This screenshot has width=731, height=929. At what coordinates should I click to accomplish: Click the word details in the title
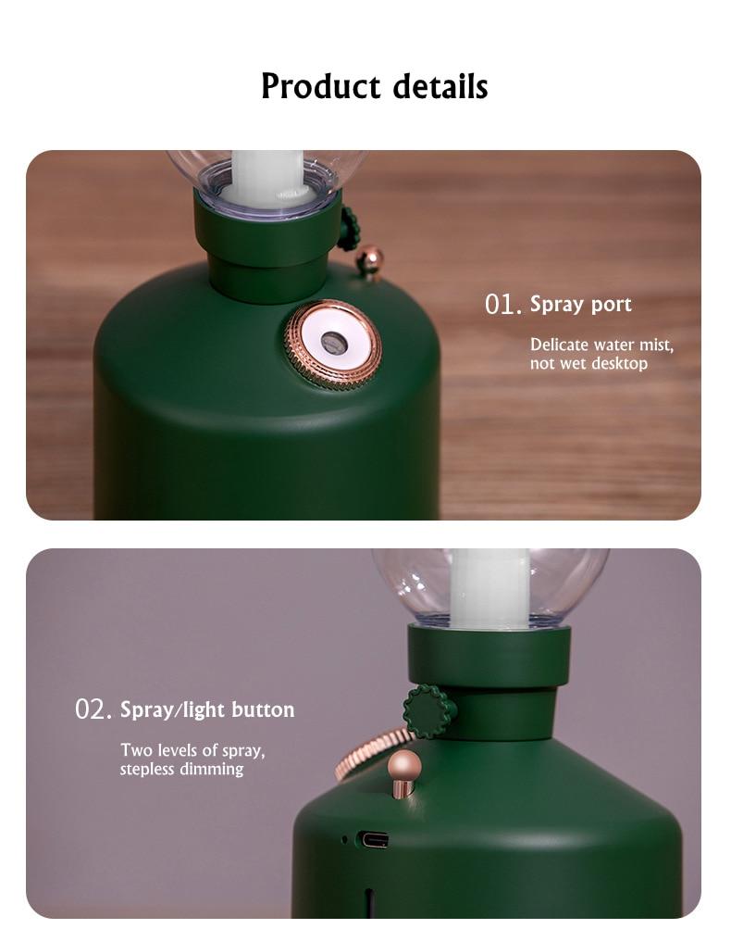click(440, 86)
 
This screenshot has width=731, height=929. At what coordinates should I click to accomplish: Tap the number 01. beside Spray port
click(503, 305)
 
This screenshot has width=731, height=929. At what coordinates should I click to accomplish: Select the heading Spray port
click(581, 305)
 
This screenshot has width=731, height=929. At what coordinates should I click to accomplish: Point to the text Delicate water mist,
click(602, 345)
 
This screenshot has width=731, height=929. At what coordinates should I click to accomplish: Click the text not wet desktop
click(589, 363)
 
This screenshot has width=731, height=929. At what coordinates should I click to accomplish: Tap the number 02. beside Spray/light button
click(93, 709)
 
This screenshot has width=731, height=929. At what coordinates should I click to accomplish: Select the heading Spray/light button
click(207, 709)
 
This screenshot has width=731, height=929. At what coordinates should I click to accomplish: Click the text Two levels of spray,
click(193, 750)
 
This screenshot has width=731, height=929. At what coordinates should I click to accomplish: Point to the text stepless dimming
click(181, 769)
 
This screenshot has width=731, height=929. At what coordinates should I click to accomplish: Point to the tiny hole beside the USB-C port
click(344, 839)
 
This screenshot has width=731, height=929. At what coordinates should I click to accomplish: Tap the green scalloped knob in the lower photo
click(429, 711)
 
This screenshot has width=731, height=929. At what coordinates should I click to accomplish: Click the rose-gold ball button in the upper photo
click(370, 260)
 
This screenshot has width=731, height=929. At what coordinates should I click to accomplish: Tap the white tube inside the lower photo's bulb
click(489, 588)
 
